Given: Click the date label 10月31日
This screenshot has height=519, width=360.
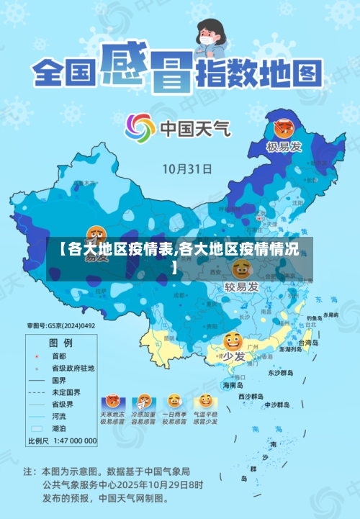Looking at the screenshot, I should (x=186, y=170).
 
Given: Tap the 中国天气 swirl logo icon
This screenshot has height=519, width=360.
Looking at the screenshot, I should (x=140, y=129).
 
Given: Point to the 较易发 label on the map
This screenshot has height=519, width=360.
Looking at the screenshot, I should (x=242, y=288).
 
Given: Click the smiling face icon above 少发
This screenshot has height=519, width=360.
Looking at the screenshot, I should (x=233, y=340).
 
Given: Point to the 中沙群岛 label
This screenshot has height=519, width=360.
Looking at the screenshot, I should (x=277, y=404).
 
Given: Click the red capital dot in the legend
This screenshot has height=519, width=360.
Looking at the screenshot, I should (x=37, y=356).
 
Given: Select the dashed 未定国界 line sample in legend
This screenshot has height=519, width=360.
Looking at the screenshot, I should (x=37, y=392).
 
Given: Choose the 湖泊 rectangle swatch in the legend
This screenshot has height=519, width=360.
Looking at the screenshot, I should (x=37, y=428).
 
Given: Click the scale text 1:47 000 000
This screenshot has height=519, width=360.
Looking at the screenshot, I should (x=72, y=441).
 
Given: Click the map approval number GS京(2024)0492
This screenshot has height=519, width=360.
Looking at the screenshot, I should (x=61, y=326).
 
